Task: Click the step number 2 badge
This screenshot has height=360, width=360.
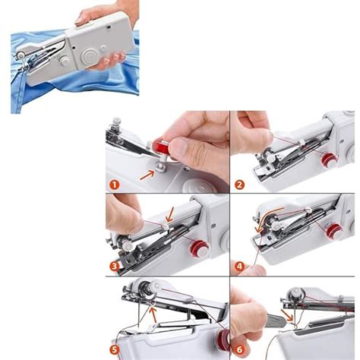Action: [239, 184]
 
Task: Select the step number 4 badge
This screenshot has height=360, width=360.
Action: [239, 267]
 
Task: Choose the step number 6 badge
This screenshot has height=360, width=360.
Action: [239, 349]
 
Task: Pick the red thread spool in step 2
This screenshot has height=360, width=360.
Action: [328, 159]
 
